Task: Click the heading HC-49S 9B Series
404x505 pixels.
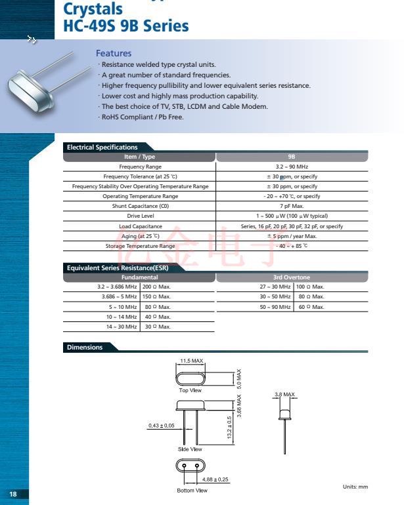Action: (126, 26)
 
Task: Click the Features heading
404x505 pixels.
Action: (114, 53)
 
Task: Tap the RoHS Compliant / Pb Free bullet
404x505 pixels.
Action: (142, 117)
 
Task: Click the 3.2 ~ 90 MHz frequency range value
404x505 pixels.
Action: (292, 167)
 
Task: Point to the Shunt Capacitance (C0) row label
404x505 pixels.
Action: (140, 206)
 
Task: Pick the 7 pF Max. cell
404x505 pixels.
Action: (292, 206)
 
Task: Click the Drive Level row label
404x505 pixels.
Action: (140, 216)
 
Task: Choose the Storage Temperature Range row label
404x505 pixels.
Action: (140, 246)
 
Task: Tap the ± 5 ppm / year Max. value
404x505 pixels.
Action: (292, 236)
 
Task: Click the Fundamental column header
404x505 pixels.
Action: (139, 277)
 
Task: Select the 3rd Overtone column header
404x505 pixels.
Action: (292, 277)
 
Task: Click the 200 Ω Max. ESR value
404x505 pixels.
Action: (156, 287)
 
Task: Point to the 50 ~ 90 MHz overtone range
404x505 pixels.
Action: (275, 306)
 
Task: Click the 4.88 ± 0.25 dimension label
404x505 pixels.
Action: (215, 479)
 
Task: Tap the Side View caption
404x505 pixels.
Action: (191, 449)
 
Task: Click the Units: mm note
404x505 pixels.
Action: (355, 487)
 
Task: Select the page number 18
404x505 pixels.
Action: (14, 494)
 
